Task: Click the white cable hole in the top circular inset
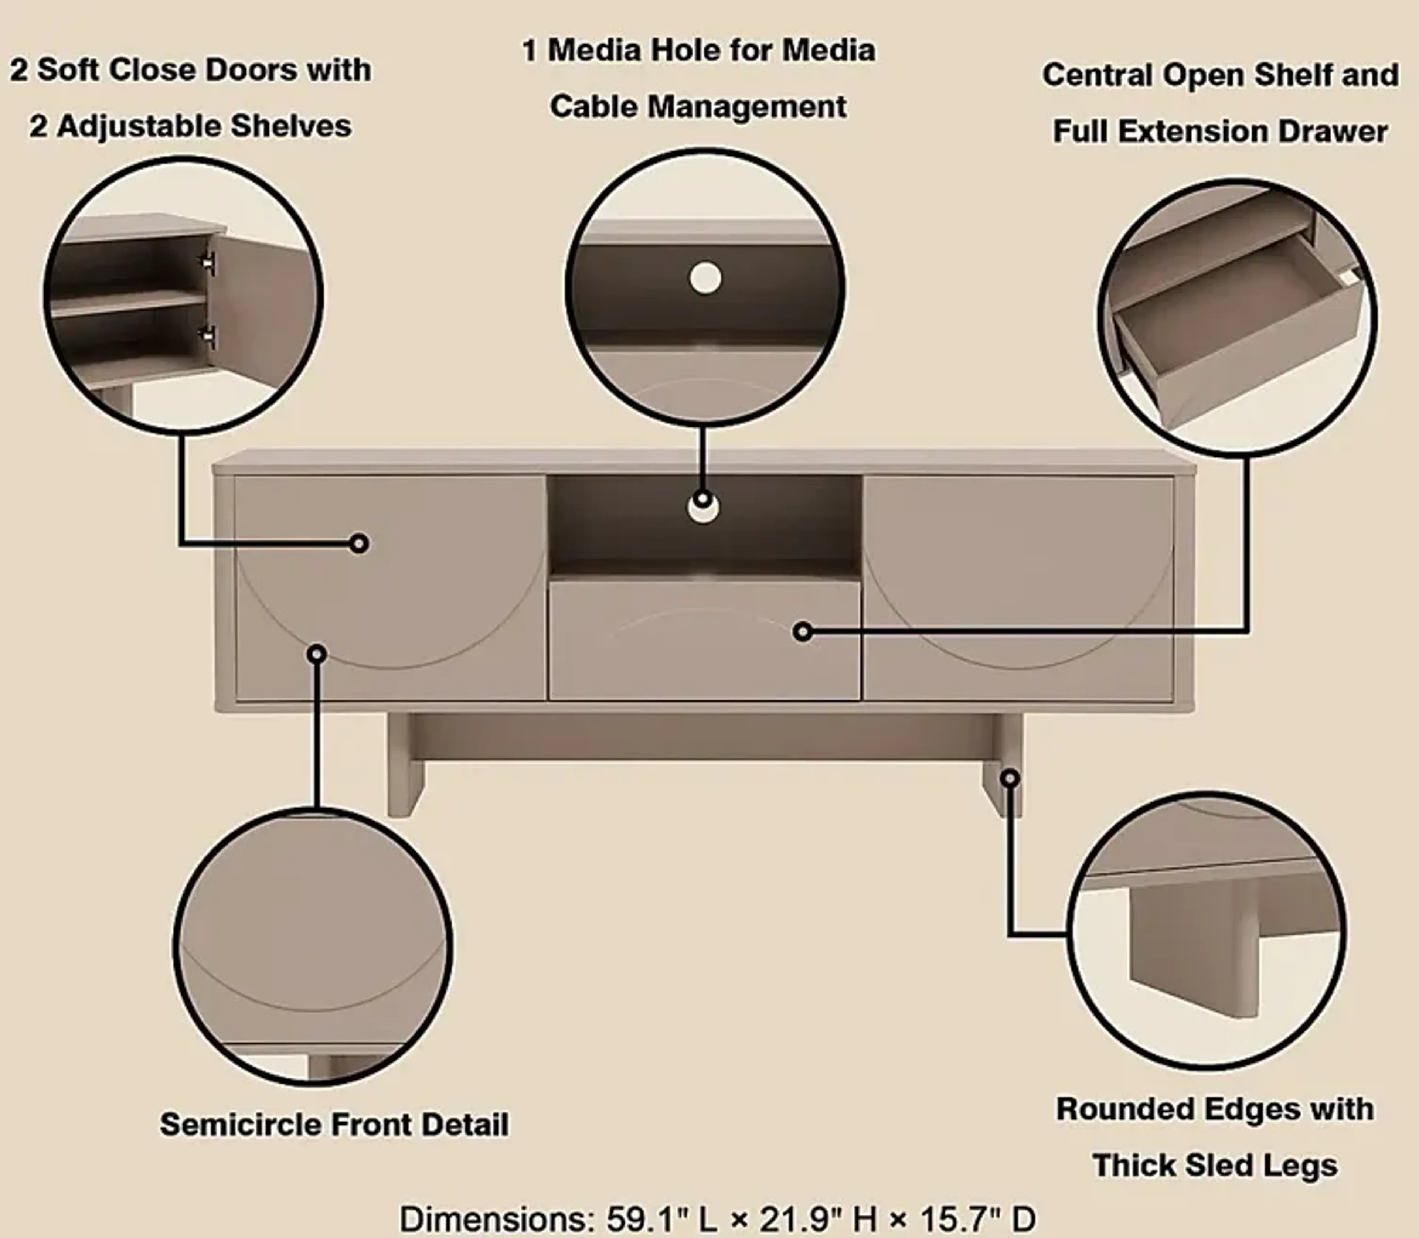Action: [x=705, y=279]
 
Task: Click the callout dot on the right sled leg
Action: [x=1010, y=778]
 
